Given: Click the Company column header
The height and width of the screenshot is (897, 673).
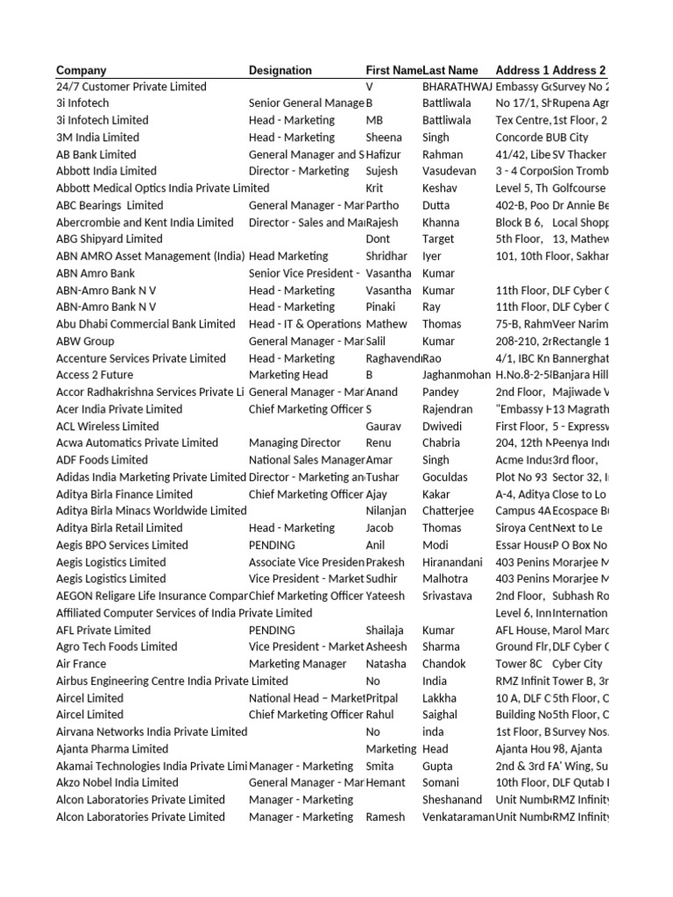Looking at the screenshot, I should click(81, 70).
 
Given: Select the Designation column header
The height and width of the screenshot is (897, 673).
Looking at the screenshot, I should click(280, 70).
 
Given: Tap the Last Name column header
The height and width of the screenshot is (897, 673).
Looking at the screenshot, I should click(450, 70).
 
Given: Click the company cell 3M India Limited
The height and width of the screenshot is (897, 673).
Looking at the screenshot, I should click(97, 138).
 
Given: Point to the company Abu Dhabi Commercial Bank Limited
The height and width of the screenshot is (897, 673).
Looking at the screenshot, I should click(145, 324).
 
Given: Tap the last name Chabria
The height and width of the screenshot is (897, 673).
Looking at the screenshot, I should click(442, 443).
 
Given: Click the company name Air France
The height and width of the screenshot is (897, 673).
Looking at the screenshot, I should click(82, 664).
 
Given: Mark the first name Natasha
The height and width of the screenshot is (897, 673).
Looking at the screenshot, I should click(386, 664).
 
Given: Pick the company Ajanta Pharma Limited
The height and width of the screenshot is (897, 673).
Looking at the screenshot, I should click(112, 749).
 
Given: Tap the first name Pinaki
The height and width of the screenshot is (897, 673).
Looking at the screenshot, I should click(381, 307).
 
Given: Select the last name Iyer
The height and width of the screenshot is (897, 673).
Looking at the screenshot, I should click(433, 257).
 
